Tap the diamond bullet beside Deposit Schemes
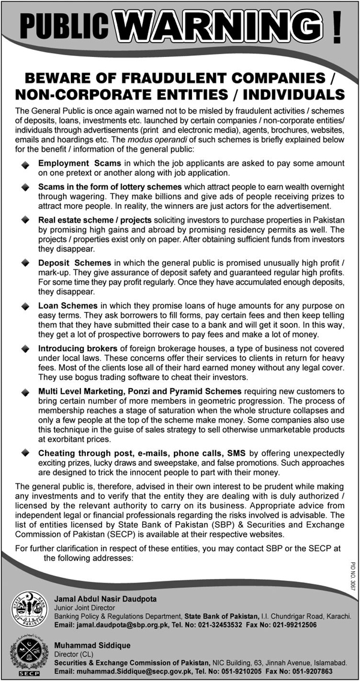25,264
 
